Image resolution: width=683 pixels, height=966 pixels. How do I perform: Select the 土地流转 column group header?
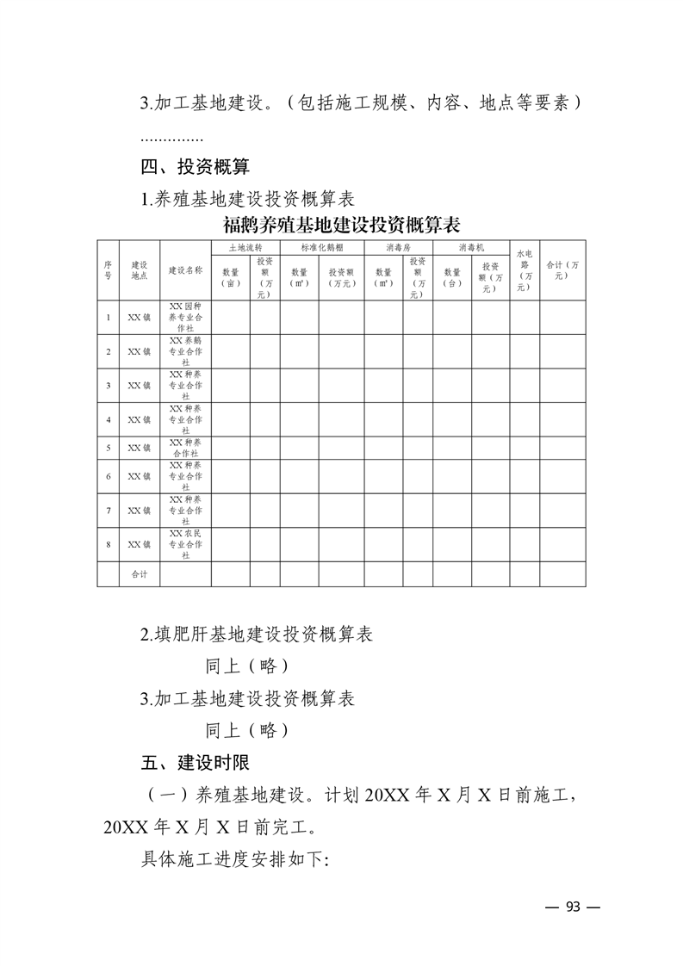pyautogui.click(x=245, y=247)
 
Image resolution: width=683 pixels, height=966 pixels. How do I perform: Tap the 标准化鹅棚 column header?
pyautogui.click(x=321, y=247)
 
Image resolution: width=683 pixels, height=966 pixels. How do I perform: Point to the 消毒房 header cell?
pyautogui.click(x=397, y=247)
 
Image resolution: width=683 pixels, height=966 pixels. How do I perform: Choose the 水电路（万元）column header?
pyautogui.click(x=525, y=270)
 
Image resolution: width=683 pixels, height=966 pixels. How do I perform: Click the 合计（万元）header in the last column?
pyautogui.click(x=562, y=270)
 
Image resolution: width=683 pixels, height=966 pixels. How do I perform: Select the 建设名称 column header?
pyautogui.click(x=185, y=270)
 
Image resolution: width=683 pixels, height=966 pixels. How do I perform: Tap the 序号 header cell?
pyautogui.click(x=108, y=270)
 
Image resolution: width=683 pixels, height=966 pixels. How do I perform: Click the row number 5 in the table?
pyautogui.click(x=108, y=448)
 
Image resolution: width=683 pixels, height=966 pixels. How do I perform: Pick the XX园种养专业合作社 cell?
pyautogui.click(x=185, y=317)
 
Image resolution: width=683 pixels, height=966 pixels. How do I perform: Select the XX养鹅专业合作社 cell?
pyautogui.click(x=185, y=351)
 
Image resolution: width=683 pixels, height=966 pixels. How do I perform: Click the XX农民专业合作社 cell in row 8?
pyautogui.click(x=185, y=544)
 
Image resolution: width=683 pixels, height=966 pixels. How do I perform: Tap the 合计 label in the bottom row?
pyautogui.click(x=139, y=574)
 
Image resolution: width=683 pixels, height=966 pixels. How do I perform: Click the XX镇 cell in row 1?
pyautogui.click(x=139, y=317)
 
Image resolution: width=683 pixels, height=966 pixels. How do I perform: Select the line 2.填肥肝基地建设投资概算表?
pyautogui.click(x=257, y=635)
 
